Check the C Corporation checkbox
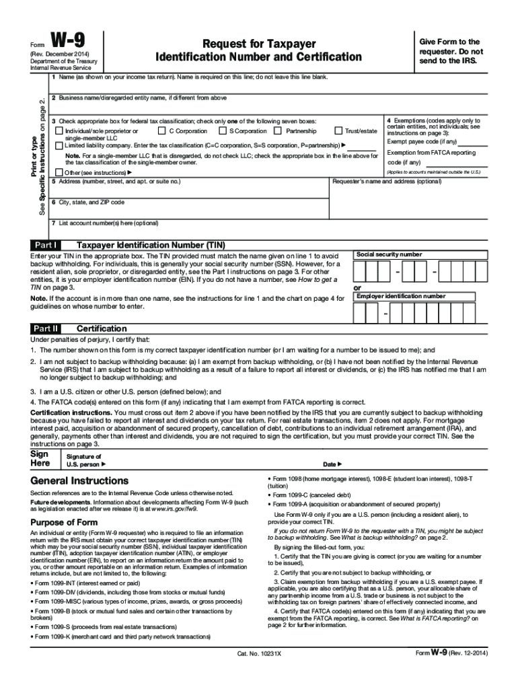click(161, 131)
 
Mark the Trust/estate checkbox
click(338, 131)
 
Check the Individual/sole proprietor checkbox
click(59, 131)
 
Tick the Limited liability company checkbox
click(59, 145)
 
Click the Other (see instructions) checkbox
click(59, 172)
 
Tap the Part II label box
click(46, 328)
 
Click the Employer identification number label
click(400, 296)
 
